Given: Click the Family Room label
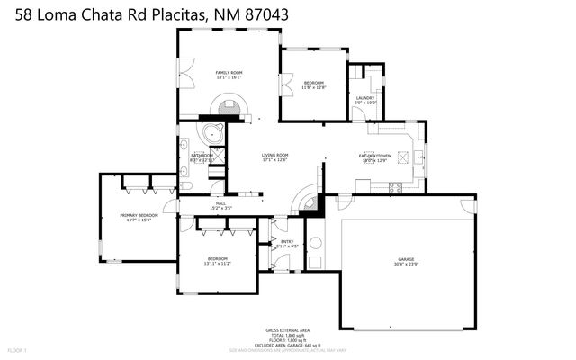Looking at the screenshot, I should (x=229, y=72).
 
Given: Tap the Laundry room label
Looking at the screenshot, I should (x=364, y=97).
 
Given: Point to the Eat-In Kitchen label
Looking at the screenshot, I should (x=373, y=156).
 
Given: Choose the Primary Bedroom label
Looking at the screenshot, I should (x=139, y=215).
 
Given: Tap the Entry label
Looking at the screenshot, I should (x=287, y=241).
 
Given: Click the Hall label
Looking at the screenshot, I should (x=220, y=203).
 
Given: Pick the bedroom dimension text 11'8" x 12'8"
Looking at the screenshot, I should (x=313, y=87).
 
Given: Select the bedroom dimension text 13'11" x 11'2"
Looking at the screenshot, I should (x=218, y=263).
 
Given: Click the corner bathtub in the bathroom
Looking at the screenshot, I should (x=213, y=136).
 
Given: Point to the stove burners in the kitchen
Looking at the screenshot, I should (x=393, y=186).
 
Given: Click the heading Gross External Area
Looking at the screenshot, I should (x=287, y=329).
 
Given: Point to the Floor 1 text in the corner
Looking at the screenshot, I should (x=18, y=349).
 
